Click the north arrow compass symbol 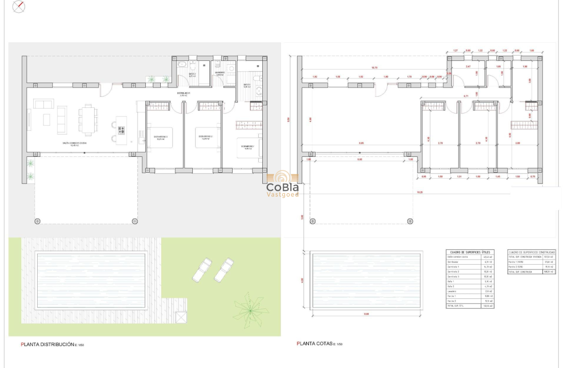pos(19,7)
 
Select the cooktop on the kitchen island pos(121,130)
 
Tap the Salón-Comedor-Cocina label pos(74,143)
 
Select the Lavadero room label pos(219,73)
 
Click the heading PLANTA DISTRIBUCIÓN pos(48,345)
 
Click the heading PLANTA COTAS pos(314,344)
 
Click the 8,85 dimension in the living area pos(361,143)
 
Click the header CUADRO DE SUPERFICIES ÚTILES pos(470,252)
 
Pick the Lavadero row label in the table pos(452,291)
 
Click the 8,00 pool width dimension pos(366,314)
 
